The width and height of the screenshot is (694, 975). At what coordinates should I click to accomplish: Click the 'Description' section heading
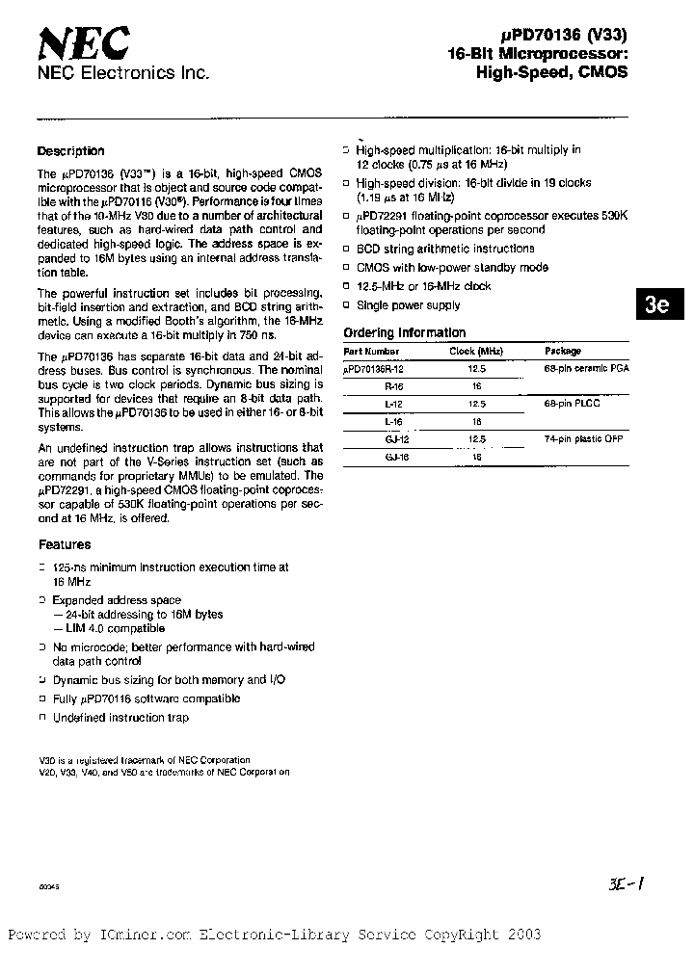click(x=70, y=151)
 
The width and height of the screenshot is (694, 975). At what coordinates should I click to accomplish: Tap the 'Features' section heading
click(x=65, y=545)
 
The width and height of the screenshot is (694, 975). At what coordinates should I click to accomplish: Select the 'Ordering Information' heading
click(x=405, y=333)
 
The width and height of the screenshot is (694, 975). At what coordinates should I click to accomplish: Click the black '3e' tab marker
click(x=657, y=305)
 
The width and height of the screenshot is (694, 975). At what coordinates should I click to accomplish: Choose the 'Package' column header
click(x=563, y=352)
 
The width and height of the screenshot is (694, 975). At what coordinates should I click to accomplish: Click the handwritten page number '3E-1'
click(x=626, y=884)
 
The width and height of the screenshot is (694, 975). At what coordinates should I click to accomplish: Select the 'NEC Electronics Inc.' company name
click(x=122, y=73)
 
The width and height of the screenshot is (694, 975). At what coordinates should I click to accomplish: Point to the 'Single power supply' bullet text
click(x=409, y=305)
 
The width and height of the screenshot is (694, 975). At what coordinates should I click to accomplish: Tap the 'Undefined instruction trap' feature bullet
click(x=121, y=718)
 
